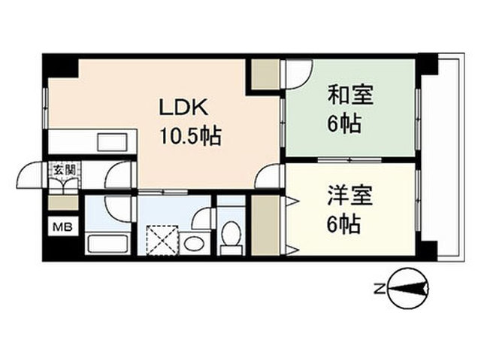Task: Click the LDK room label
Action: pos(183,108)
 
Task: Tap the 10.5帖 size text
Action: pos(190,136)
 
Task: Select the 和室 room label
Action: pos(351,95)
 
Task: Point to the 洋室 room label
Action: pos(350,196)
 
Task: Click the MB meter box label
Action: pos(62,227)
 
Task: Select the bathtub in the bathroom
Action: pos(107,244)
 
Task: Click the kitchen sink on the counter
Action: pos(112,142)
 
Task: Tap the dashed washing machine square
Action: pos(162,241)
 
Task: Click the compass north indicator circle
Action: pos(407,289)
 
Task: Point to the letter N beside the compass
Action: pos(380,289)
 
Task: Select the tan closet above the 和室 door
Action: pos(265,74)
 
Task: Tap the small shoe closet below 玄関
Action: pos(63,203)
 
